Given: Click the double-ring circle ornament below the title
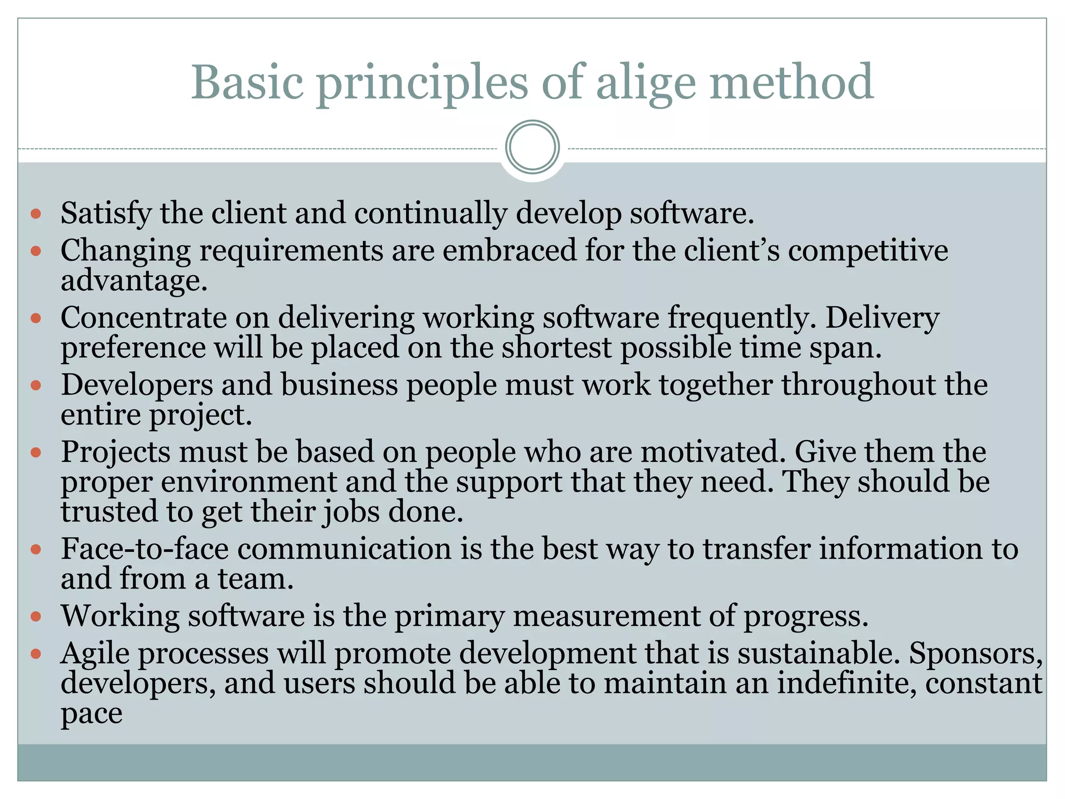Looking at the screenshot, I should [532, 147].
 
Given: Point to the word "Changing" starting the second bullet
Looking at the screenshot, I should [126, 251].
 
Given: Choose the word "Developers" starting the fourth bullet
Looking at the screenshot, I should [137, 385].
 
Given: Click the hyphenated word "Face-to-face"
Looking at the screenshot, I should [145, 549].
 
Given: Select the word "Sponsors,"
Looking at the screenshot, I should [976, 653].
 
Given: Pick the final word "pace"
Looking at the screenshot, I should [92, 714].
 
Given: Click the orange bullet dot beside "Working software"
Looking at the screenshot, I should [36, 617].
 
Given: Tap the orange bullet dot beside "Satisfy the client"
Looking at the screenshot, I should [36, 214].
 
